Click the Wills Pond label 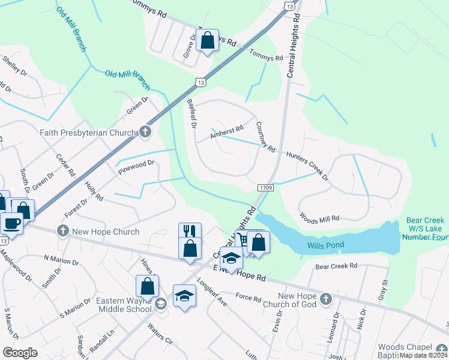325,245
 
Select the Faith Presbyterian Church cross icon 145,132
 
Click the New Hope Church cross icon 63,231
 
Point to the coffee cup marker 11,223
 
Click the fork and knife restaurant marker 190,232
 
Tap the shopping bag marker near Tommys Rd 207,41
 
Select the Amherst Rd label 227,132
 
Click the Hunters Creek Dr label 307,166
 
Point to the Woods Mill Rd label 319,218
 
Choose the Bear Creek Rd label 336,265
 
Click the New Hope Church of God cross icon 325,298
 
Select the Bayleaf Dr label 192,114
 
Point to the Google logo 20,352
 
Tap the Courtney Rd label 265,137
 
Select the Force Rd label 248,298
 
